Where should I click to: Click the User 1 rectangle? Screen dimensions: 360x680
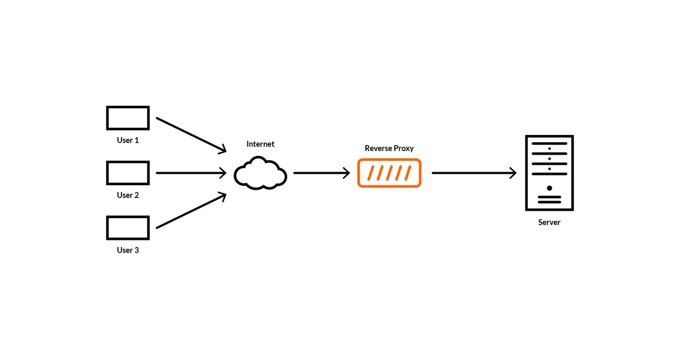click(128, 118)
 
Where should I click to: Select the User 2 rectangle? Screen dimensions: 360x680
click(128, 173)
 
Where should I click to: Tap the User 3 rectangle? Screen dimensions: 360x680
click(128, 228)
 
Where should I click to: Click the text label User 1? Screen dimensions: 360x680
click(128, 140)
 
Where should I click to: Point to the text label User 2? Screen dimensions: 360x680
click(128, 195)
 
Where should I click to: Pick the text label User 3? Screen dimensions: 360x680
click(128, 250)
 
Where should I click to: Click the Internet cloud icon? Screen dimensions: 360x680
click(260, 173)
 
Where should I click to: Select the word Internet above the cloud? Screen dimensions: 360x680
click(260, 144)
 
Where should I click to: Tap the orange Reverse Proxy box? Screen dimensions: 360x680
click(389, 173)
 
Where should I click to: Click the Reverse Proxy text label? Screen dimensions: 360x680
click(389, 148)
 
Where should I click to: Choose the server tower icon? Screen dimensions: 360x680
click(549, 173)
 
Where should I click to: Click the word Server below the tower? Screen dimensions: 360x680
click(549, 222)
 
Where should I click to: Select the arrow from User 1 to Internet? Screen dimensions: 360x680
click(191, 135)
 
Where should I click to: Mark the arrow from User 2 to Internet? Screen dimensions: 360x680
click(191, 173)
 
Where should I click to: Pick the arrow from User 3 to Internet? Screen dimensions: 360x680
click(191, 211)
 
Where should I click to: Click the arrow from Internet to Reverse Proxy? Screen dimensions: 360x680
click(321, 173)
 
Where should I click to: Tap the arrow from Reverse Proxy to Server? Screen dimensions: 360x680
click(474, 173)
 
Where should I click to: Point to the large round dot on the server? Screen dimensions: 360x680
click(549, 188)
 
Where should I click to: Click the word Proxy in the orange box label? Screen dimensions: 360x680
click(404, 148)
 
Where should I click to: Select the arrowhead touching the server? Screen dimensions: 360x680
click(514, 173)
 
